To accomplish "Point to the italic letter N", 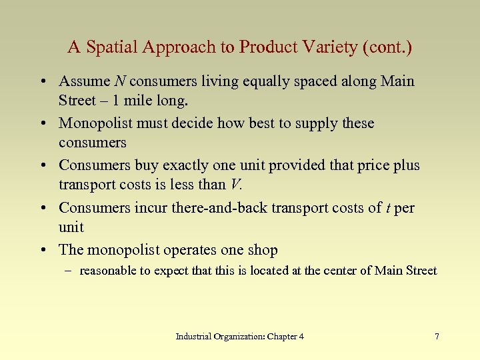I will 120,82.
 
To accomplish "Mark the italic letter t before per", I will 388,208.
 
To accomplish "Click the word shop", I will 262,250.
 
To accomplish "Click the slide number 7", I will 437,337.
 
